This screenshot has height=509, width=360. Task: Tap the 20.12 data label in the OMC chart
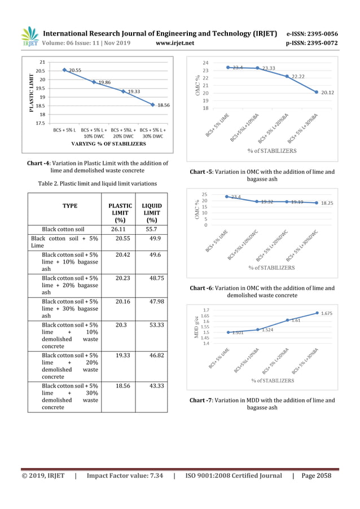[x=328, y=93]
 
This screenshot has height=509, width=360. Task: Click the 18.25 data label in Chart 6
[x=328, y=203]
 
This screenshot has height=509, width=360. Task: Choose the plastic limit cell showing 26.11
[x=120, y=230]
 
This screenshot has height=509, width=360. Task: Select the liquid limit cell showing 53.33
[x=152, y=325]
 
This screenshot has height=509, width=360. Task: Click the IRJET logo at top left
[x=30, y=37]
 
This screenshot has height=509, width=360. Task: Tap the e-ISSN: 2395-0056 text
[x=312, y=33]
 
